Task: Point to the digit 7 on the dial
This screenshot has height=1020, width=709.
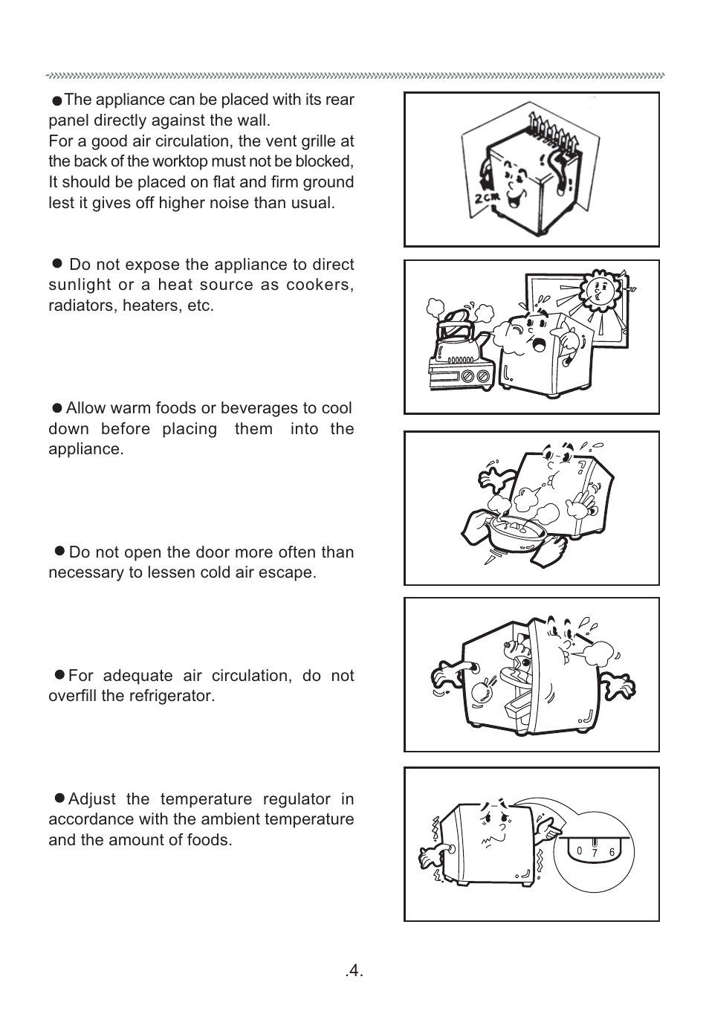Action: pyautogui.click(x=595, y=854)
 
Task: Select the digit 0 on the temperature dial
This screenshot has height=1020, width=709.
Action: pyautogui.click(x=579, y=850)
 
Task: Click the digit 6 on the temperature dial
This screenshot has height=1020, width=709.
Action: pyautogui.click(x=612, y=853)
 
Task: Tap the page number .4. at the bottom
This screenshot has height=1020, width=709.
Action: pyautogui.click(x=354, y=971)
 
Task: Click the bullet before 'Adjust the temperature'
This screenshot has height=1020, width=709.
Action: pyautogui.click(x=60, y=798)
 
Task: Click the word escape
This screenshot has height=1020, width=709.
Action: pyautogui.click(x=291, y=572)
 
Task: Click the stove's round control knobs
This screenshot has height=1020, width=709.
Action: pyautogui.click(x=476, y=377)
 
